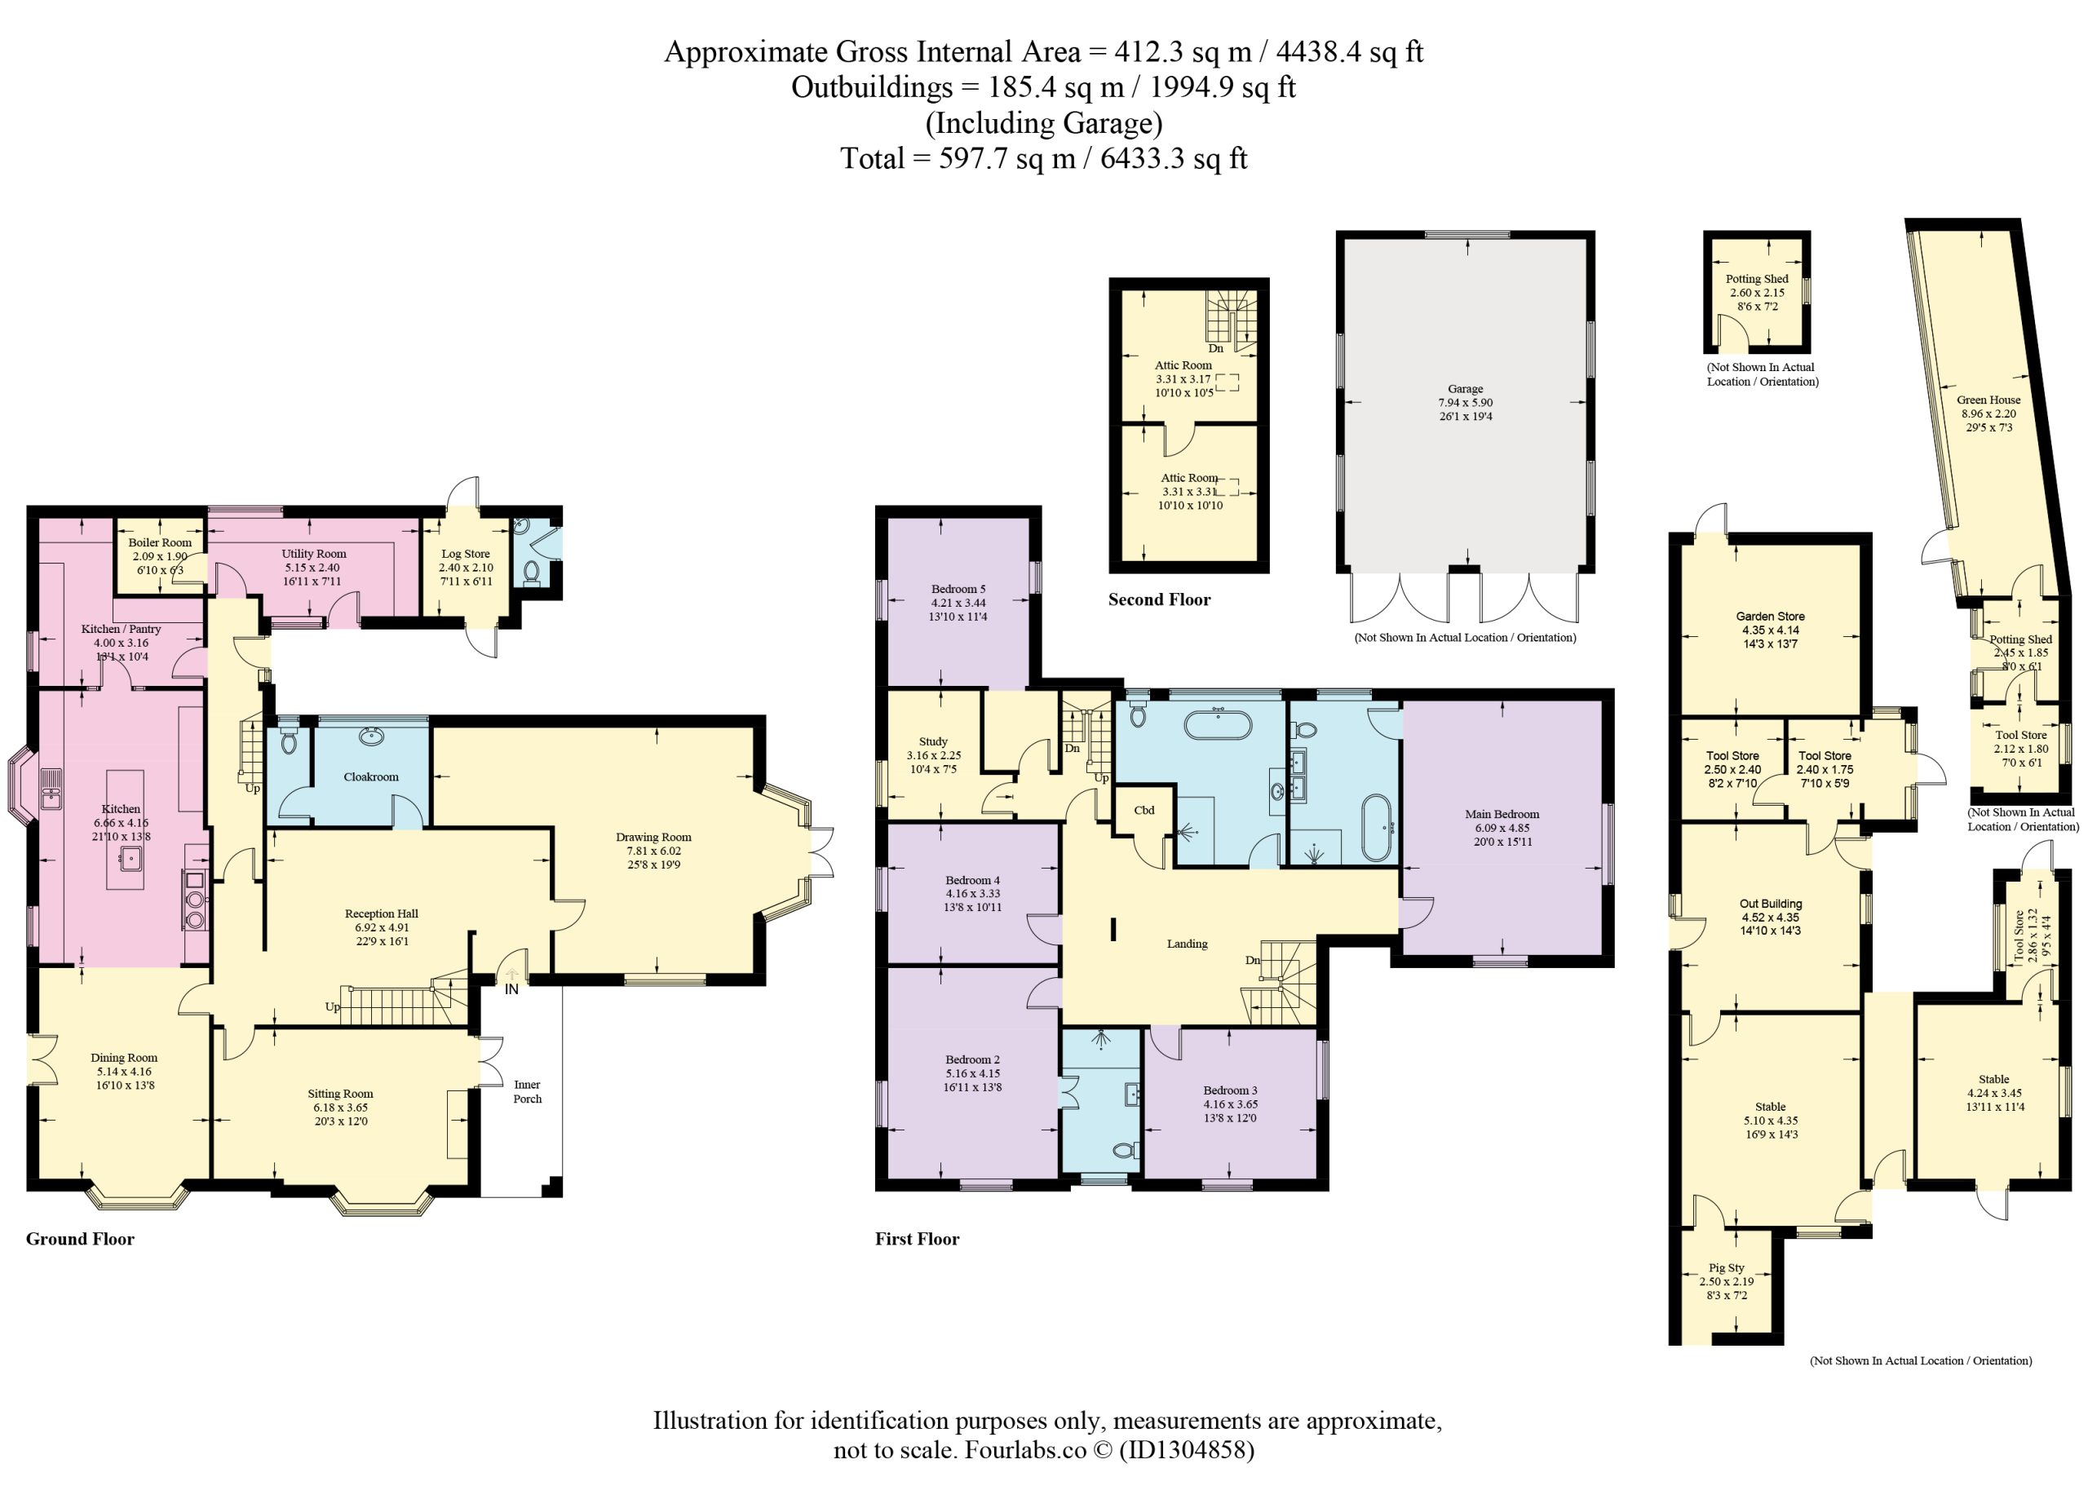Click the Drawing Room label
(x=652, y=837)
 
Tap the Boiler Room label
(x=160, y=542)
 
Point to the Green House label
(x=1988, y=400)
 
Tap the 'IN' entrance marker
(x=512, y=988)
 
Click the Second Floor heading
(x=1159, y=599)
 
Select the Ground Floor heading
(x=80, y=1238)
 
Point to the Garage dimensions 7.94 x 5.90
(x=1466, y=402)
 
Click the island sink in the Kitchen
(x=127, y=859)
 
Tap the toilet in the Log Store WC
(x=531, y=572)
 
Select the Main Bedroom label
(x=1502, y=814)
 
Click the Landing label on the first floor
(x=1187, y=944)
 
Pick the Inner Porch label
(x=528, y=1091)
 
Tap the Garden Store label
(x=1771, y=616)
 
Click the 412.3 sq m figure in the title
(x=1183, y=51)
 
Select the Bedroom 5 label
(x=958, y=589)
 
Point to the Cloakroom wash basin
(x=372, y=735)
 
